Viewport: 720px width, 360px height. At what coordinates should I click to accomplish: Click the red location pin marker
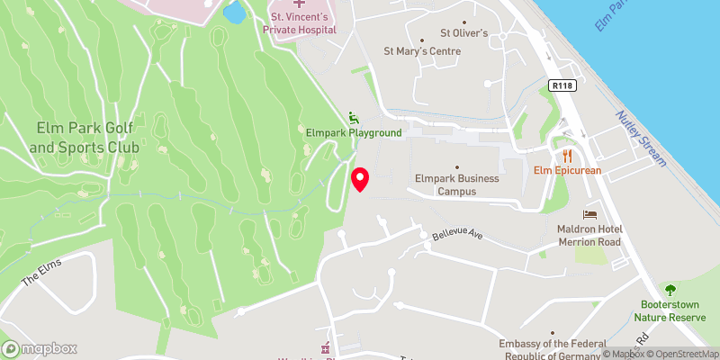click(x=360, y=179)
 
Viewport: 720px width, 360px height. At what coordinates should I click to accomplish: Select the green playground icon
click(x=354, y=117)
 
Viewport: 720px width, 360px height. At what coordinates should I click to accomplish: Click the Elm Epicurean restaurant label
click(x=567, y=170)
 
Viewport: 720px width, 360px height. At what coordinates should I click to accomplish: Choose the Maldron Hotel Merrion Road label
click(x=589, y=235)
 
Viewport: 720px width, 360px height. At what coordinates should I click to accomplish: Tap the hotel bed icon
click(x=589, y=215)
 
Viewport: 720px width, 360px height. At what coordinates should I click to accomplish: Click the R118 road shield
click(x=562, y=85)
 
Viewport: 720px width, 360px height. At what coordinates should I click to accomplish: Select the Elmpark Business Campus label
click(x=456, y=184)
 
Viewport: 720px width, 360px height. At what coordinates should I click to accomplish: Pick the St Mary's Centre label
click(x=422, y=51)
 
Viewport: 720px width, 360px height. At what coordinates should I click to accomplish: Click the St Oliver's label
click(x=463, y=33)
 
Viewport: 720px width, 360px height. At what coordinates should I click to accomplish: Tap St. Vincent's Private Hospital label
click(x=300, y=22)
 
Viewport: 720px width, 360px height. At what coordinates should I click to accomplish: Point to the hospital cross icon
click(x=299, y=4)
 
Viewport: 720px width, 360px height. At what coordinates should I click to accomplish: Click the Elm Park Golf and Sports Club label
click(x=85, y=138)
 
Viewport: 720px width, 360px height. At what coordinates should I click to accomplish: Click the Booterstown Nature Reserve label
click(x=670, y=310)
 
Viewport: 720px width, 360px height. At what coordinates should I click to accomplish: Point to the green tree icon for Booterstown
click(x=670, y=290)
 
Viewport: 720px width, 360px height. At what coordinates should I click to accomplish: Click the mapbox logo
click(x=39, y=348)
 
